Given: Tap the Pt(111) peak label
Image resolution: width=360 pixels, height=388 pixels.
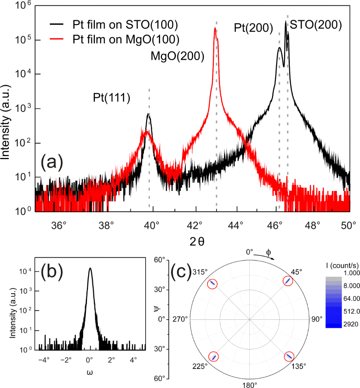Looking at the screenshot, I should click(x=112, y=98).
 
